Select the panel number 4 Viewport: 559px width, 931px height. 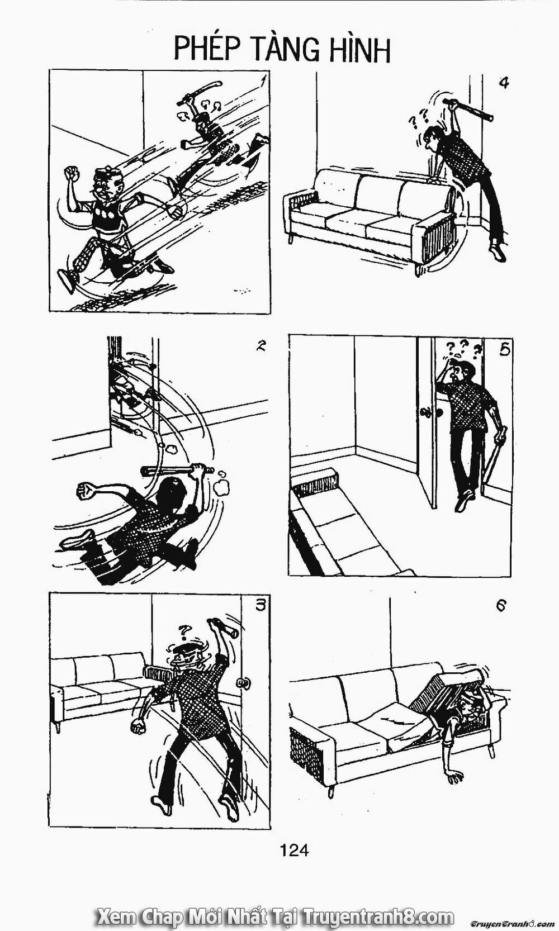(503, 83)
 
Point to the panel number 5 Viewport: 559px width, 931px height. (504, 350)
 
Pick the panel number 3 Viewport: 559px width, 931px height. (258, 605)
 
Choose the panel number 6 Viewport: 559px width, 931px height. (501, 605)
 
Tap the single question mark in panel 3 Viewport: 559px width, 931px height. (182, 629)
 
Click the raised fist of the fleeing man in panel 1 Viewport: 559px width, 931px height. (72, 171)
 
